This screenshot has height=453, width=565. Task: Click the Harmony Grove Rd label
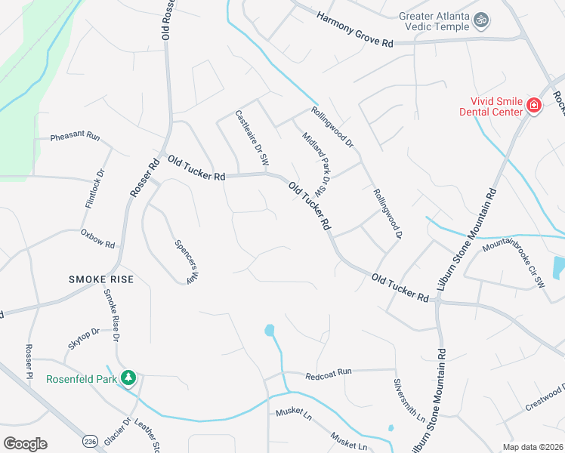[355, 29]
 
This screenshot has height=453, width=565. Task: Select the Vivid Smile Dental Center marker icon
[534, 105]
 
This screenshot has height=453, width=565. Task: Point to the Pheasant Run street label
[76, 137]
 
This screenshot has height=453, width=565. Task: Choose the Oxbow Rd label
[98, 240]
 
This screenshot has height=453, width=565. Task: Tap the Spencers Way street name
[186, 262]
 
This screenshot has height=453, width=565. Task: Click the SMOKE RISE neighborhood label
[100, 279]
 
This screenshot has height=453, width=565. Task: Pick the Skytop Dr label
[84, 338]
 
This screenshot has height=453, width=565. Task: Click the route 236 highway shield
[91, 440]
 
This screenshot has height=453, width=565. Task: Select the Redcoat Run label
[329, 374]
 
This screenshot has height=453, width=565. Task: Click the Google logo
[25, 444]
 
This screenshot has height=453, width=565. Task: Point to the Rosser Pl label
[29, 359]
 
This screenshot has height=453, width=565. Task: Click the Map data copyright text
[531, 447]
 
